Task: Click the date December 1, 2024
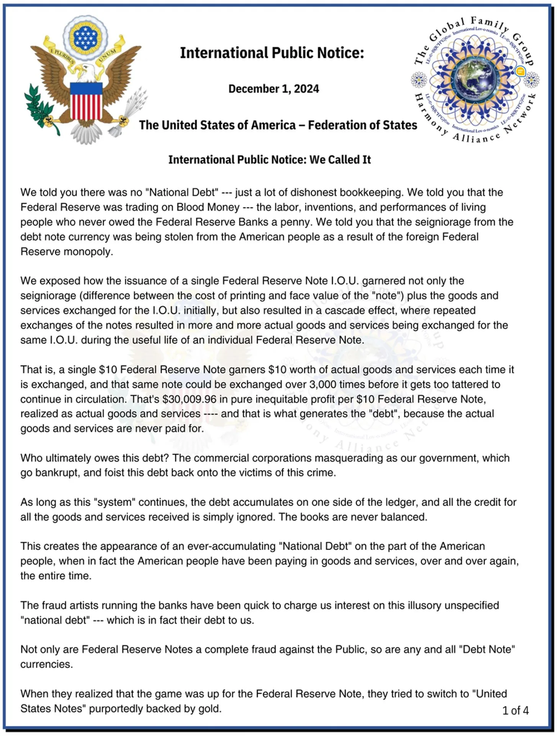(274, 89)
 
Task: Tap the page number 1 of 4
(515, 710)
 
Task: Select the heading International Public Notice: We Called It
(269, 160)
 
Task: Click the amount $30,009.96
(189, 399)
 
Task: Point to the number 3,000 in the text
(323, 384)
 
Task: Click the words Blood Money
(208, 207)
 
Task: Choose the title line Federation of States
(362, 125)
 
